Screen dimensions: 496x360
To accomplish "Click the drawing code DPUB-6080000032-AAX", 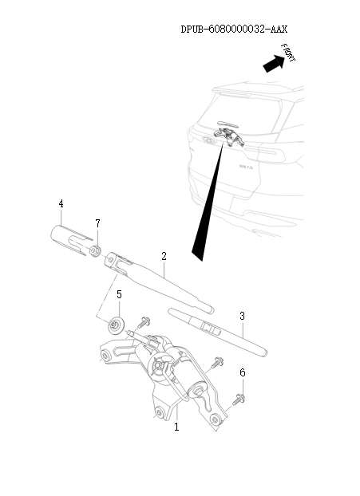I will pyautogui.click(x=234, y=29).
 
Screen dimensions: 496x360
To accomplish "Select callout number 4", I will pyautogui.click(x=61, y=204).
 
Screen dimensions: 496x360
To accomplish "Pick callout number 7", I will pyautogui.click(x=97, y=222).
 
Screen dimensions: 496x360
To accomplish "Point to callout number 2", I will pyautogui.click(x=164, y=257).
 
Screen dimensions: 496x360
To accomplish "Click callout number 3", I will pyautogui.click(x=241, y=317).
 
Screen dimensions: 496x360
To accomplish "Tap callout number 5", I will pyautogui.click(x=119, y=295).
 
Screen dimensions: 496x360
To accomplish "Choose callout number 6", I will pyautogui.click(x=243, y=372).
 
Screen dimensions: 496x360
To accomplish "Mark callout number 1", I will pyautogui.click(x=176, y=427).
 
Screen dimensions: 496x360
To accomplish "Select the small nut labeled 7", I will pyautogui.click(x=95, y=253).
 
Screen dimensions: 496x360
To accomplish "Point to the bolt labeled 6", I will pyautogui.click(x=239, y=398).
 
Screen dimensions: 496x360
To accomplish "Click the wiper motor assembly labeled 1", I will pyautogui.click(x=164, y=371).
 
